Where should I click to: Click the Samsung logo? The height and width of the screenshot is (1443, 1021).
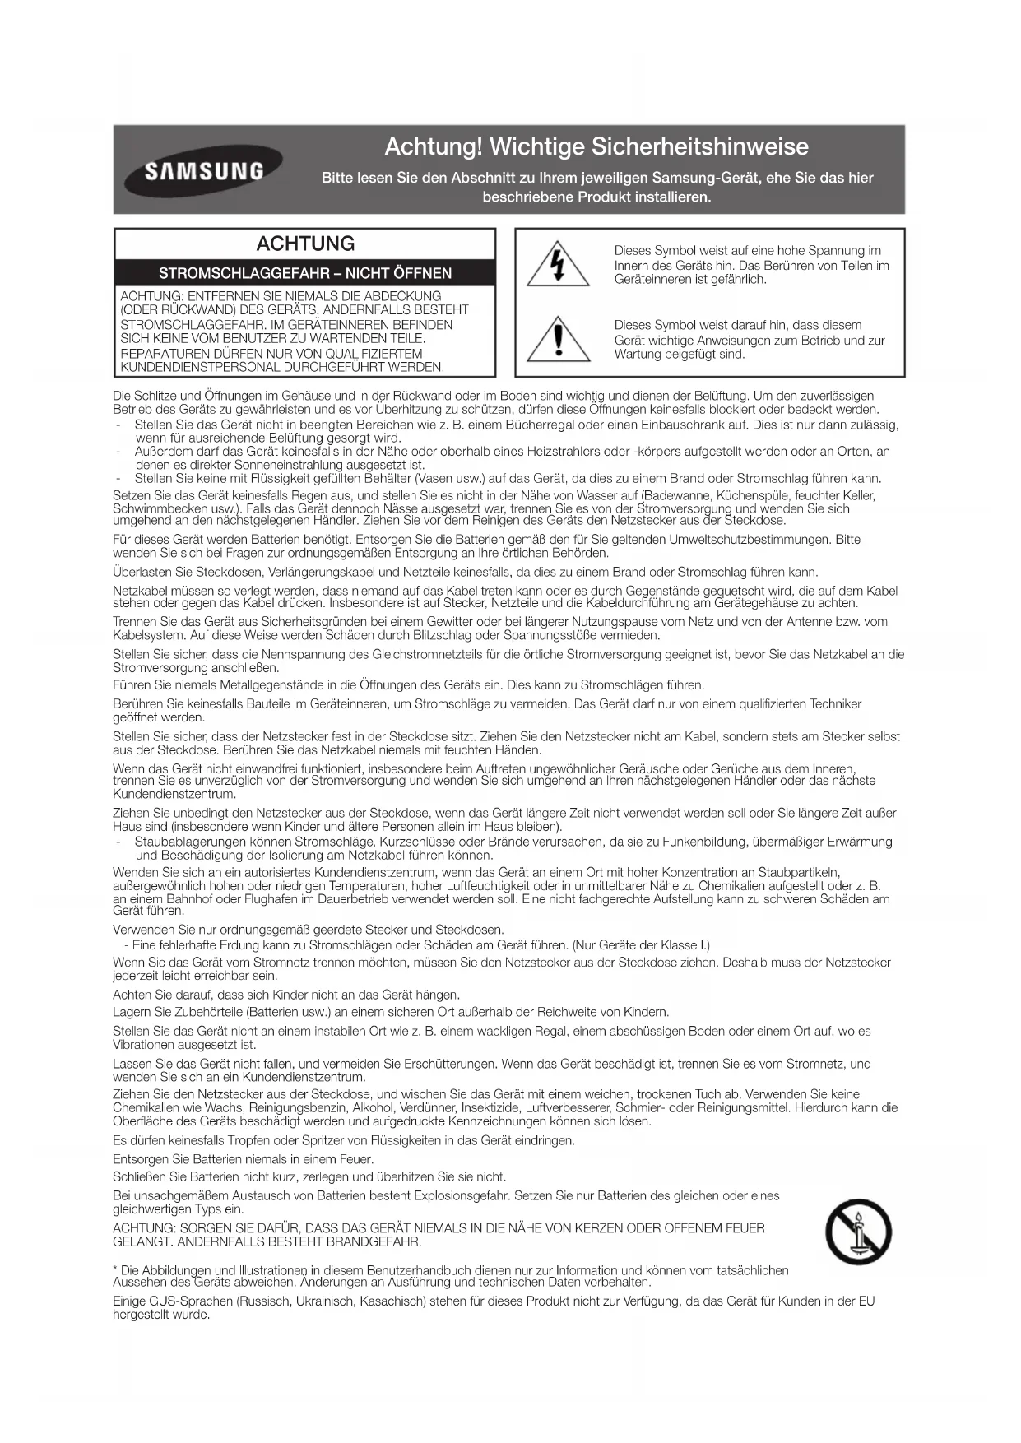(x=203, y=171)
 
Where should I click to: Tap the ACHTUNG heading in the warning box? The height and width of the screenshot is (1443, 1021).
(x=305, y=244)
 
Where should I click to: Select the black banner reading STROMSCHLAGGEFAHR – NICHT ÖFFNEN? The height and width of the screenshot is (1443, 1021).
(x=305, y=273)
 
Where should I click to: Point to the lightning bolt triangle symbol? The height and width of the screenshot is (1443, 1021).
(x=559, y=264)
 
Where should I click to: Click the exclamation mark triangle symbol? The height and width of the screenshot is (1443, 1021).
(x=559, y=338)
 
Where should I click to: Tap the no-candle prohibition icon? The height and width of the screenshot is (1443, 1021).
(x=858, y=1232)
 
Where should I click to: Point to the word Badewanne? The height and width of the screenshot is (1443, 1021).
(x=676, y=496)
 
